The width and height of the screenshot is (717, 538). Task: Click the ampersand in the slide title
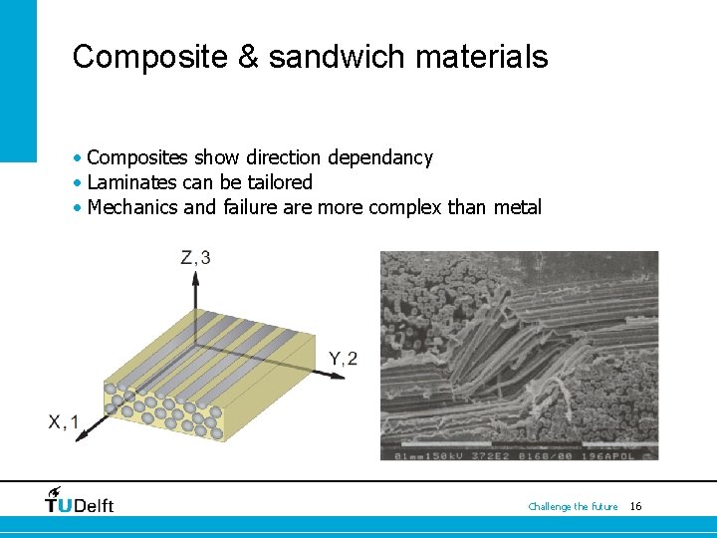click(247, 56)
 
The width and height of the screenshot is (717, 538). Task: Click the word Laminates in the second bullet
click(126, 182)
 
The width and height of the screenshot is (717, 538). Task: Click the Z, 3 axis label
click(195, 258)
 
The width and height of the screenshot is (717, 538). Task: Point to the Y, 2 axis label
click(343, 359)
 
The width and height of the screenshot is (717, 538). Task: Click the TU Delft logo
click(80, 500)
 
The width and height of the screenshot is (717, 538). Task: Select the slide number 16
click(635, 507)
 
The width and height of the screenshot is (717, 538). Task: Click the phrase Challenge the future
click(573, 507)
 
